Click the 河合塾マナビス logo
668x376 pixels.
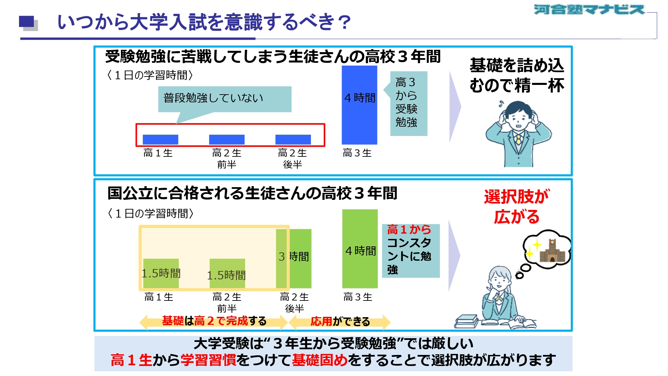click(589, 9)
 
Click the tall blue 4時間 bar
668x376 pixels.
click(359, 105)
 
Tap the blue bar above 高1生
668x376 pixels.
click(160, 139)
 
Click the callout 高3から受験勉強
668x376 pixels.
click(408, 104)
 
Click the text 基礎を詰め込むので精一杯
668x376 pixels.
click(517, 75)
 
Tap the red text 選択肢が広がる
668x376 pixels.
click(517, 207)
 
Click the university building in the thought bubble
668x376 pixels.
click(552, 251)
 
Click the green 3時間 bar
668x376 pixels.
click(294, 259)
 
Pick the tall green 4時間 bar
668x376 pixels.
click(360, 249)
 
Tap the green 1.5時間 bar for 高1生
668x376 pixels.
click(161, 273)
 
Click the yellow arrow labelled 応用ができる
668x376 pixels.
click(339, 322)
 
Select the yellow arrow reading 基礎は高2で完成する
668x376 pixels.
click(214, 322)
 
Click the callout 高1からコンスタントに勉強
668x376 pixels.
click(411, 251)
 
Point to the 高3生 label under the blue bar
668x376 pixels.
click(357, 153)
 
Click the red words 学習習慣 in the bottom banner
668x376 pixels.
click(208, 360)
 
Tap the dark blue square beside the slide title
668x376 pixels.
click(26, 21)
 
